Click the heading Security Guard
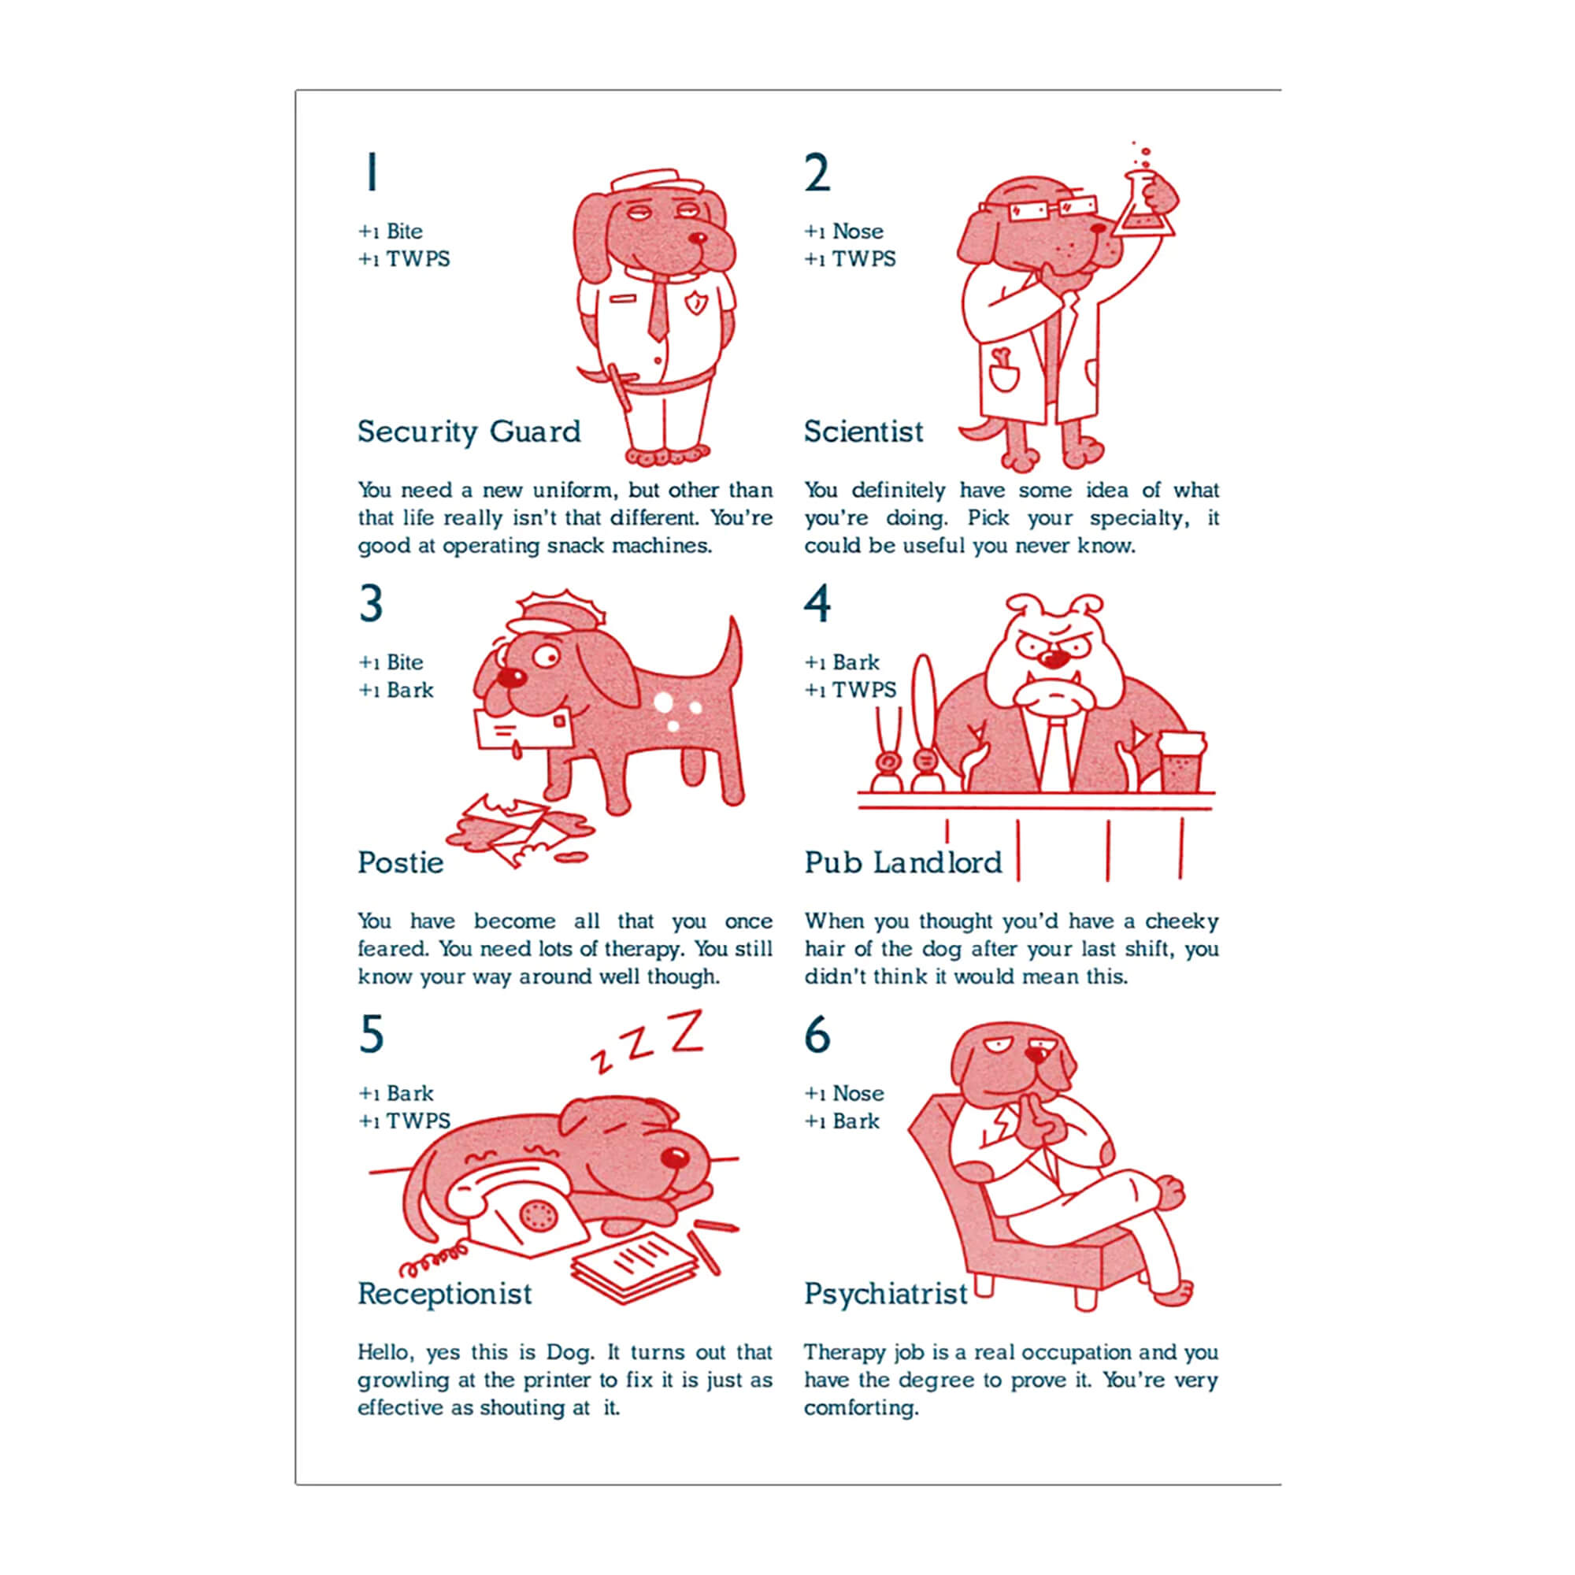coord(469,432)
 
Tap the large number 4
coord(817,603)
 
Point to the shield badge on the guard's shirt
coord(695,303)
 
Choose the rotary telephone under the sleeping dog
coord(513,1213)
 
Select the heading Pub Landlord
coord(903,862)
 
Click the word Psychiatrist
coord(886,1294)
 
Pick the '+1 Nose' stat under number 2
coord(843,232)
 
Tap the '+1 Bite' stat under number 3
coord(391,662)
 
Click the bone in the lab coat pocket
coord(1001,358)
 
